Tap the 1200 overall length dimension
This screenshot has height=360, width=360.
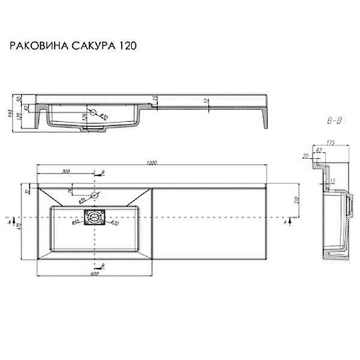point(150,165)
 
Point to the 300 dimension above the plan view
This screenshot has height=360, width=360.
point(65,172)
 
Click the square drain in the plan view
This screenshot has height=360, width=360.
point(94,219)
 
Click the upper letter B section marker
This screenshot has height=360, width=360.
point(103,172)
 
